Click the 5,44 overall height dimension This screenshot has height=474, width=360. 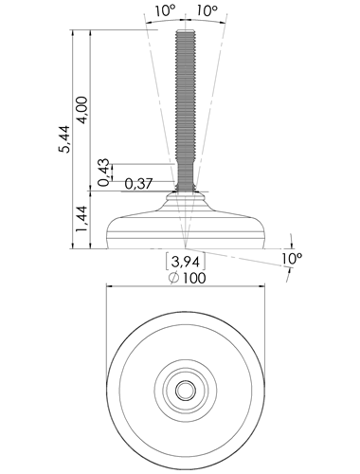[65, 139]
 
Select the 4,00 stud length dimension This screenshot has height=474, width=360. [82, 110]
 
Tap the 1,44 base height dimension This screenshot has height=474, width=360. [82, 219]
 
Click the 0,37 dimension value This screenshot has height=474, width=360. [138, 184]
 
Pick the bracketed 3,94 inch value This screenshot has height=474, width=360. [186, 262]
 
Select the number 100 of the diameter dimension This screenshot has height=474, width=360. [194, 278]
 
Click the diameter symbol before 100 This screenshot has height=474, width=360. [174, 278]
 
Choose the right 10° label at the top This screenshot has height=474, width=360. [207, 11]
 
